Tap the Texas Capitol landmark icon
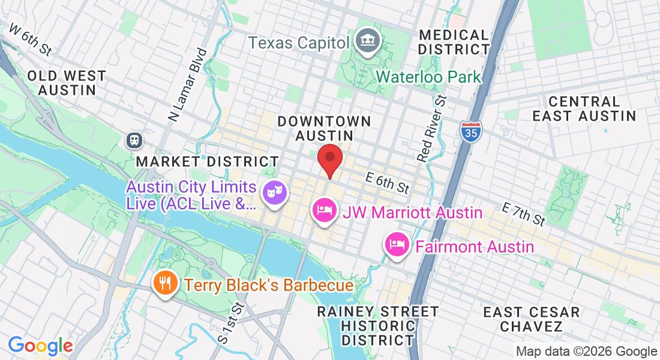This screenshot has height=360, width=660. [x=366, y=41]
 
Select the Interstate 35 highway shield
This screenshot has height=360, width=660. [x=471, y=131]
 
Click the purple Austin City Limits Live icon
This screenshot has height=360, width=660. [x=275, y=193]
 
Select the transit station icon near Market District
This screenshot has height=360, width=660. [x=134, y=140]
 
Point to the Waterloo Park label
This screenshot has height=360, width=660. [x=428, y=77]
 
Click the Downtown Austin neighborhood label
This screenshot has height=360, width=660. [x=324, y=128]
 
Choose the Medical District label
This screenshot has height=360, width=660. [x=454, y=42]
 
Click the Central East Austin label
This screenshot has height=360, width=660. [x=584, y=109]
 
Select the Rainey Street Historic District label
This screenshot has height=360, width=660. [x=377, y=326]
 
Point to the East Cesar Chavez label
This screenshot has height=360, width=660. [x=532, y=319]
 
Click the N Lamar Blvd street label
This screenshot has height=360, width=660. [x=187, y=86]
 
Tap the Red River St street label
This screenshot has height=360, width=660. [x=433, y=128]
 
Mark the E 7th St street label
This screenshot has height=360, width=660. [x=523, y=214]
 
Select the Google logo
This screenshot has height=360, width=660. [x=40, y=346]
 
